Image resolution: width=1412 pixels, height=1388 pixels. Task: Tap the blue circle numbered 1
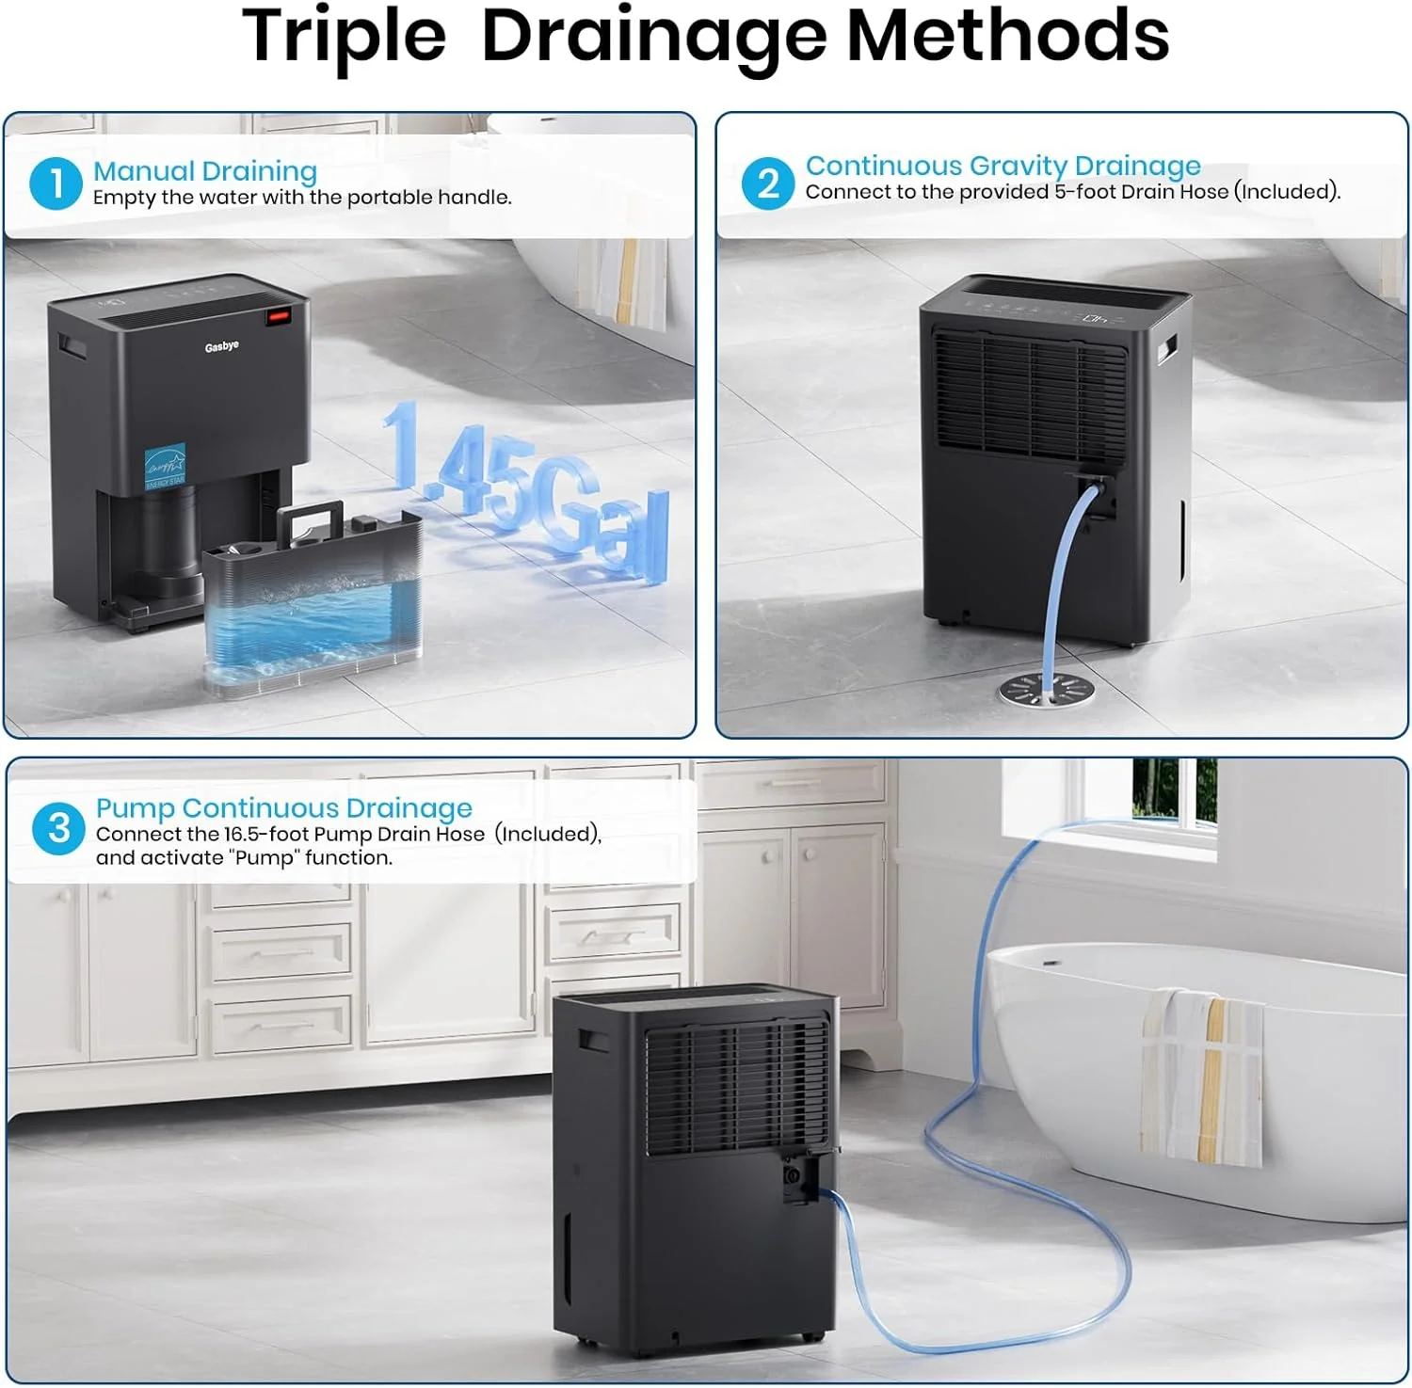click(56, 183)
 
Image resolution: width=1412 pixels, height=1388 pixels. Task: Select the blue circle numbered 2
click(768, 183)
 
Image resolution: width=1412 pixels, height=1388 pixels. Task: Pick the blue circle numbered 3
click(58, 828)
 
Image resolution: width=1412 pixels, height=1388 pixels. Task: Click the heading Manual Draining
click(205, 171)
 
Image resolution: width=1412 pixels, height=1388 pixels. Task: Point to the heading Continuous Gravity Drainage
click(1003, 166)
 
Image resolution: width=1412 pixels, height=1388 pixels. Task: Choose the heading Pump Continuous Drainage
click(284, 807)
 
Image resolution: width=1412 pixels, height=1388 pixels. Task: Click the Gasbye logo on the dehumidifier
click(222, 346)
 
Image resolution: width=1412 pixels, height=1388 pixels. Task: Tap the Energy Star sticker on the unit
click(166, 467)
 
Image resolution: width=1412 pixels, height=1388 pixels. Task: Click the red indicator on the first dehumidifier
click(277, 316)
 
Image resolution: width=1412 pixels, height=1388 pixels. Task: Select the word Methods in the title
click(1008, 36)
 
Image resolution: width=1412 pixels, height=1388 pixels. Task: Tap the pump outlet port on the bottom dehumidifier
click(794, 1176)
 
